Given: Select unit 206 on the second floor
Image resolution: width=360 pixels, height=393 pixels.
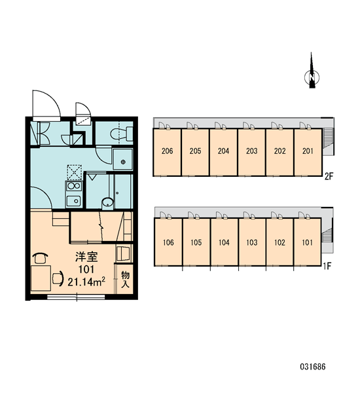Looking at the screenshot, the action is pos(167,152).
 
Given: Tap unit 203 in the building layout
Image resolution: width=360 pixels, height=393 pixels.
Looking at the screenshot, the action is pos(251,152).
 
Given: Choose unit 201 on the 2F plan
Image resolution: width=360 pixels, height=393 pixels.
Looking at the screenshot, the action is pos(308,152).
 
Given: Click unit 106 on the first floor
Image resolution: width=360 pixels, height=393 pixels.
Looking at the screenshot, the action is pos(168,242).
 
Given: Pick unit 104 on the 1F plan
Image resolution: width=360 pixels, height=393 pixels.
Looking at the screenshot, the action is pos(224,242).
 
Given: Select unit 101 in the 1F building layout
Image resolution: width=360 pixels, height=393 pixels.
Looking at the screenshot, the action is pos(307,242).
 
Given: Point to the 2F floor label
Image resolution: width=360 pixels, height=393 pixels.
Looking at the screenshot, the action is pos(329,176).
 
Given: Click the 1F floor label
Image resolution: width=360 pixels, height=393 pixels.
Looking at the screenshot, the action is pos(327,266).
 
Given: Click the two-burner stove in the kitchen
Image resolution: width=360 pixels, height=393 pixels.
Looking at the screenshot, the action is pos(73,186).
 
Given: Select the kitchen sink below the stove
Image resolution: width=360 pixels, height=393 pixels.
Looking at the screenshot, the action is pos(73,200).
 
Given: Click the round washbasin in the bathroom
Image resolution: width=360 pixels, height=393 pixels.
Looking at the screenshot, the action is pos(108,202).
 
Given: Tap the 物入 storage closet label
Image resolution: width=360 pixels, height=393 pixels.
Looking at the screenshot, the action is pos(125,280).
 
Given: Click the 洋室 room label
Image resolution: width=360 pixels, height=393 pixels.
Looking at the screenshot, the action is pos(86,257).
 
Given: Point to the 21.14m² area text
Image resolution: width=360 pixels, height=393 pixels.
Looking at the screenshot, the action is pos(86,282).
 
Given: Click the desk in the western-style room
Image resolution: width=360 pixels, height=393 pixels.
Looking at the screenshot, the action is pos(41,278).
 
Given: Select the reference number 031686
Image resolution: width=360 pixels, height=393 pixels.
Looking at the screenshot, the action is pos(313,367).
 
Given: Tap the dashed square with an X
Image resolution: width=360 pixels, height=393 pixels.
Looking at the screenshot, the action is pos(74,172).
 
